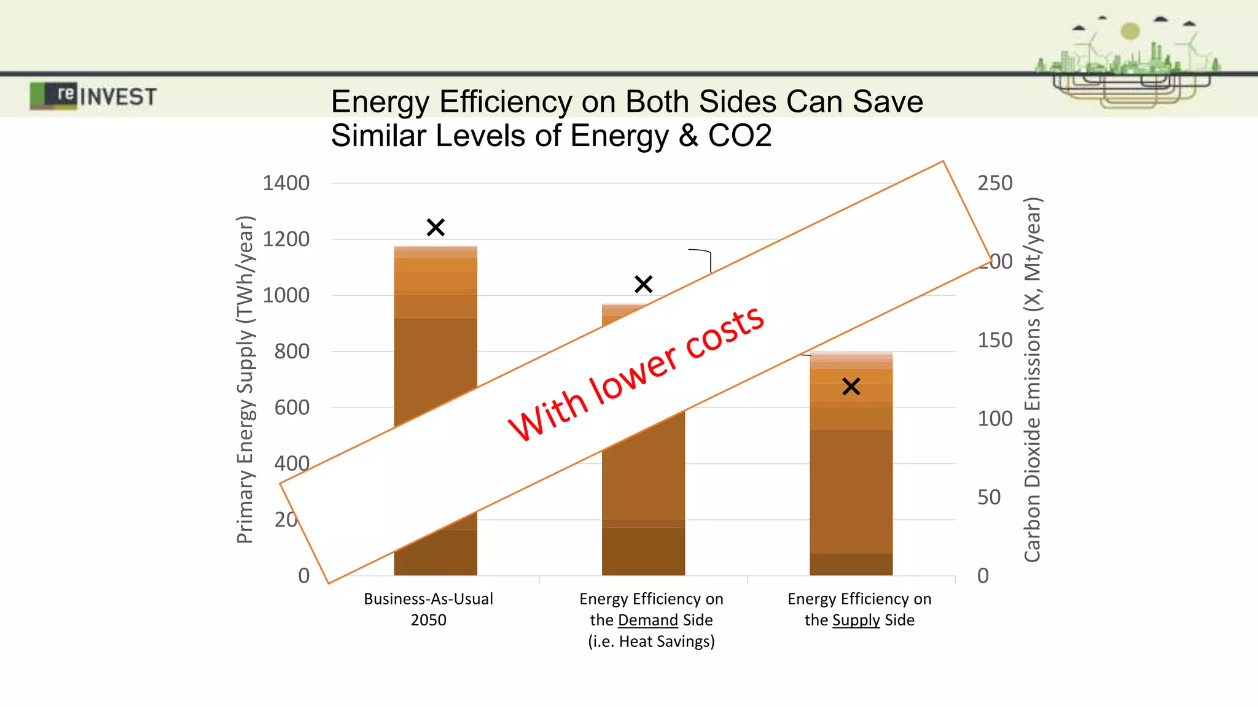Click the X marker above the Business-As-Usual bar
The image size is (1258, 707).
(x=436, y=228)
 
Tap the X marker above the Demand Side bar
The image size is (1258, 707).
(x=643, y=284)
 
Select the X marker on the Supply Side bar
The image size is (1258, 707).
(x=851, y=387)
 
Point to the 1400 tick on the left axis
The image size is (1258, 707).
(x=286, y=183)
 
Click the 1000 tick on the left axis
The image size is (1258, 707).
(x=286, y=295)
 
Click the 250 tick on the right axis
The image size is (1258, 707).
(x=994, y=183)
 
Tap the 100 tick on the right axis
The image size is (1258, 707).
(x=994, y=419)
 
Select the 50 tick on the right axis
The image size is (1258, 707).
(x=989, y=497)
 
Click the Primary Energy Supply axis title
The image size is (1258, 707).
(x=244, y=379)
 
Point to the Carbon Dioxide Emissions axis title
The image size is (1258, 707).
(x=1033, y=379)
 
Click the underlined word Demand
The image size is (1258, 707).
(x=647, y=620)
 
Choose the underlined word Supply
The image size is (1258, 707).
(x=856, y=620)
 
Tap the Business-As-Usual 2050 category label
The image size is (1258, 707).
(x=428, y=609)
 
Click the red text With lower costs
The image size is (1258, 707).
(x=636, y=373)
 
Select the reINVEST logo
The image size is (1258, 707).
(x=93, y=96)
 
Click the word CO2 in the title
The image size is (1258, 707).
(x=740, y=136)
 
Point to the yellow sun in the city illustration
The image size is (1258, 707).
(x=1130, y=31)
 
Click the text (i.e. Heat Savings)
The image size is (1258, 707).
(x=651, y=642)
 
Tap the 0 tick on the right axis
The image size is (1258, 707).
(x=983, y=576)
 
